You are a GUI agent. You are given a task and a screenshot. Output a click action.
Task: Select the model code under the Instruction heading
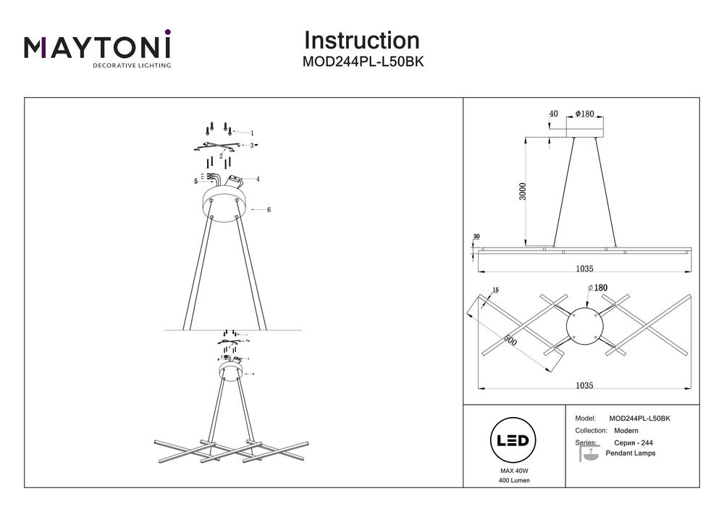(x=362, y=62)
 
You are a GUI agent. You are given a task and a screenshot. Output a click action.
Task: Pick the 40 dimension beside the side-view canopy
(x=554, y=114)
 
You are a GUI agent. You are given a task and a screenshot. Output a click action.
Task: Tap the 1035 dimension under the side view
(x=584, y=269)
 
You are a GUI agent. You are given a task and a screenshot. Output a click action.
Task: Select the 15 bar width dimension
(x=494, y=291)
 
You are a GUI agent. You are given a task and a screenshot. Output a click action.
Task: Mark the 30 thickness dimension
(x=476, y=237)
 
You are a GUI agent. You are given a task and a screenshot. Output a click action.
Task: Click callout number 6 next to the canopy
(x=269, y=209)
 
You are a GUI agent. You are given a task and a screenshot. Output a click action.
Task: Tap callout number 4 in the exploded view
(x=257, y=178)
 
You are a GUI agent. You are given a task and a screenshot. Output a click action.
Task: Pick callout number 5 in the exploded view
(x=195, y=181)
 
